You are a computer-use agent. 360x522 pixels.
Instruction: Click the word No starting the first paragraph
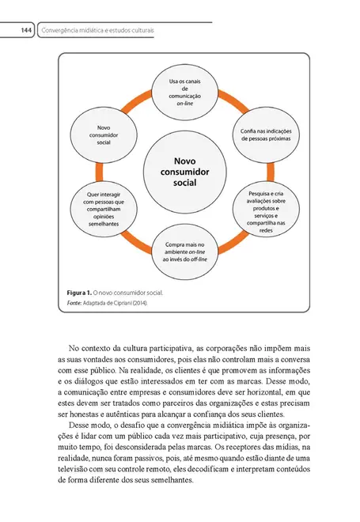74,347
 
